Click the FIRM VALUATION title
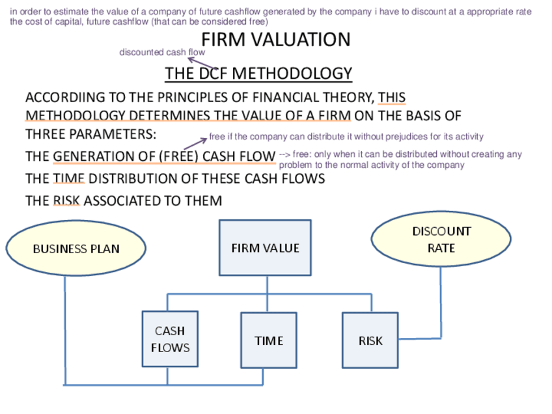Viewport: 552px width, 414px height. point(275,40)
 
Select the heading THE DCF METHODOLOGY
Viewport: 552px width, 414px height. point(258,74)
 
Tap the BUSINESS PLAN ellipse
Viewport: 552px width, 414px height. point(76,249)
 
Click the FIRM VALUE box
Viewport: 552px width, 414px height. point(265,248)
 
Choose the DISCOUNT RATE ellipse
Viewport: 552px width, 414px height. point(441,240)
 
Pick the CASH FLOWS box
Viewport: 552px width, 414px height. point(170,339)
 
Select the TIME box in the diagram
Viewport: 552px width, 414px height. point(269,340)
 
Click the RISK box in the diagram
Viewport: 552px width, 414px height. point(370,340)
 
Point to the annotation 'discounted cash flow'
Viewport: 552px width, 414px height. point(162,52)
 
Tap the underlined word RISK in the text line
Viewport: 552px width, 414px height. point(66,201)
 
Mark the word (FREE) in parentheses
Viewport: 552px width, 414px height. point(179,157)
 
